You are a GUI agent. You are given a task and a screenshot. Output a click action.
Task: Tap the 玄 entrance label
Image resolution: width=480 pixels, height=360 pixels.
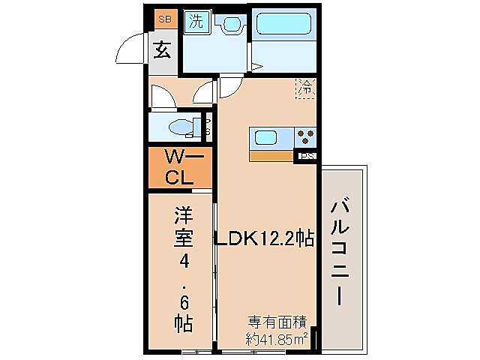coord(162,52)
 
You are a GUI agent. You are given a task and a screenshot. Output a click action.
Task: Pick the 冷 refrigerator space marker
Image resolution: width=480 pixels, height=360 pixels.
coord(306,88)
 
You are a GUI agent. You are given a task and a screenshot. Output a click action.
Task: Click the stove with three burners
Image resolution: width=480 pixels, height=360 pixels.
coord(305,137)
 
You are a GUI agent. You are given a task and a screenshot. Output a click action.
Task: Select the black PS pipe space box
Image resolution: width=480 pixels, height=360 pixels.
coord(306,157)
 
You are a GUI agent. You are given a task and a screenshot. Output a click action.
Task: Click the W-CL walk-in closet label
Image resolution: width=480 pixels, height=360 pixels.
coord(180,168)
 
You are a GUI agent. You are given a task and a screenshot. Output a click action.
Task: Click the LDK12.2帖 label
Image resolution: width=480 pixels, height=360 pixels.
coord(264,239)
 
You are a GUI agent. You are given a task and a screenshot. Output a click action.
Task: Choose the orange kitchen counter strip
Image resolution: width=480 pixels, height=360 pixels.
coord(271,157)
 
